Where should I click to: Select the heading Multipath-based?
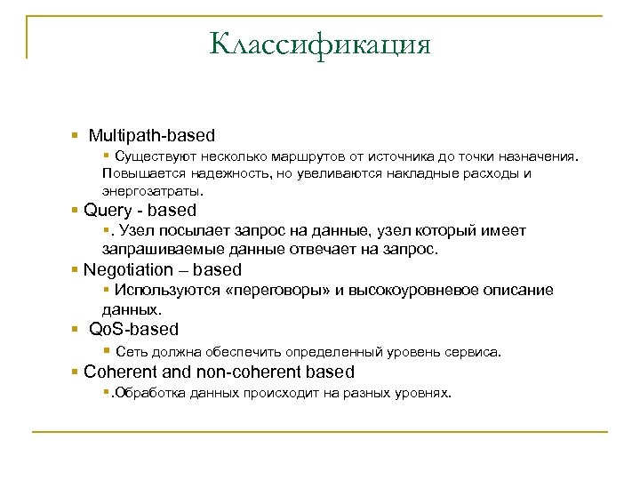pyautogui.click(x=152, y=136)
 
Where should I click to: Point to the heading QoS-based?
pyautogui.click(x=134, y=329)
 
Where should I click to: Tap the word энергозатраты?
pyautogui.click(x=152, y=190)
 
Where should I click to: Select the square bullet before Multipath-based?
pyautogui.click(x=75, y=137)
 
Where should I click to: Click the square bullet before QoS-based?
pyautogui.click(x=75, y=330)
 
